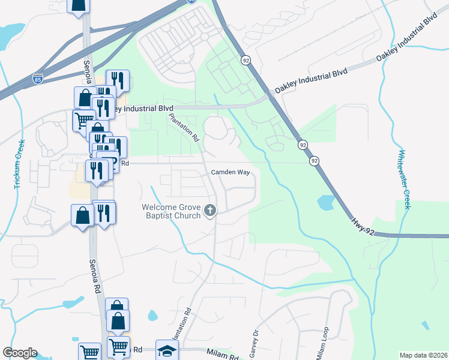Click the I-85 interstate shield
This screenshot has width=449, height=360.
[37, 78]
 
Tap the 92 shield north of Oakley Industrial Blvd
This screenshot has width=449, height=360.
[246, 60]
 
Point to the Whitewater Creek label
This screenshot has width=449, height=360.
[405, 179]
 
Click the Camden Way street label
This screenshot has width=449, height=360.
[229, 172]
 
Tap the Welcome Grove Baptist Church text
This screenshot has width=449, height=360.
[171, 211]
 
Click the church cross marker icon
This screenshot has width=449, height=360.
[209, 210]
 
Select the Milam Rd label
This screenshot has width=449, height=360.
[222, 355]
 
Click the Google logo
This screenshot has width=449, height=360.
[20, 353]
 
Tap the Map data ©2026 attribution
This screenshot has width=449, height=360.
[423, 355]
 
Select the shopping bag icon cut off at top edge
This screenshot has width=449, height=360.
[79, 5]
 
